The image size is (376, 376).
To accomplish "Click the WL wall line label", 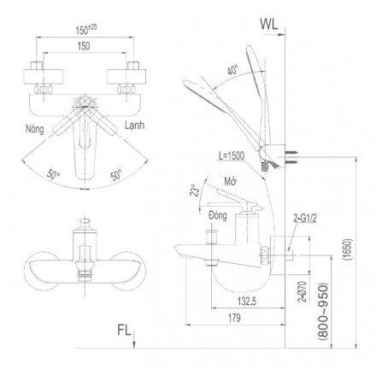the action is pos(268,25).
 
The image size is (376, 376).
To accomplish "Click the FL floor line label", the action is pos(124,330).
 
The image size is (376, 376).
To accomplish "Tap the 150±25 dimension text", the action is pos(86,29).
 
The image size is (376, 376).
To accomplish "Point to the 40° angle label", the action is pos(233,70).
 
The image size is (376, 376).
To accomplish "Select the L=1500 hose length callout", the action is pos(232,156).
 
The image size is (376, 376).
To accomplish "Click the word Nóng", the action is pos(35,129).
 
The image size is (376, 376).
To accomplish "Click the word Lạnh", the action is pos(134,126).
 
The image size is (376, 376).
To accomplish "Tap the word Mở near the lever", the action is pos(231,181).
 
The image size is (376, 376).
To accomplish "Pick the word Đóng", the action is pos(218,215).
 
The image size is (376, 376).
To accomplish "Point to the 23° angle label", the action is pos(193,190).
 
